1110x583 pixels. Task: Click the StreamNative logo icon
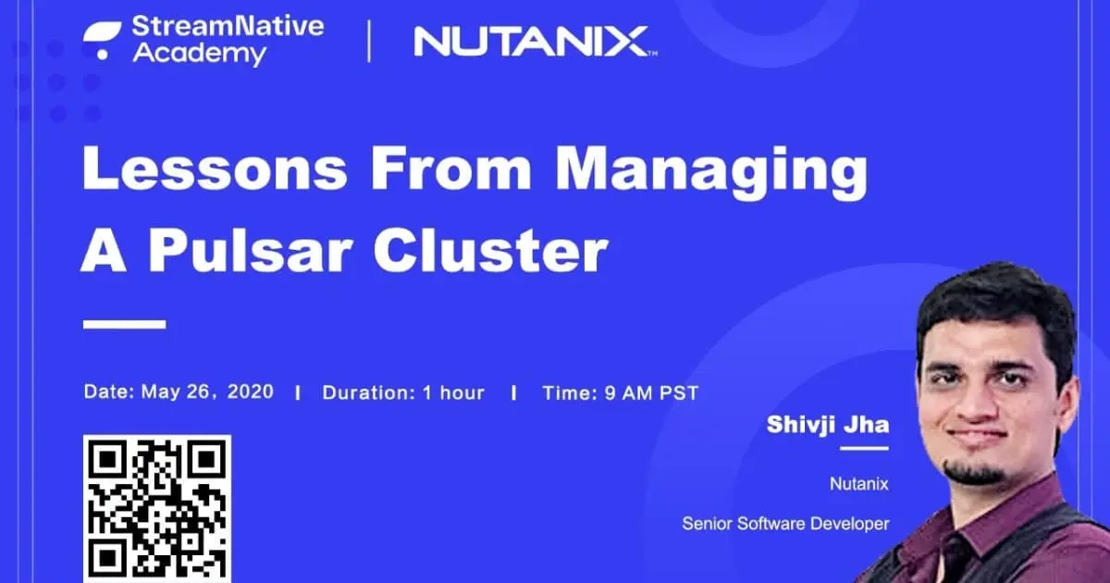[103, 38]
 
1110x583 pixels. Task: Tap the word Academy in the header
[199, 54]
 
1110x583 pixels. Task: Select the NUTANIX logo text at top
[530, 41]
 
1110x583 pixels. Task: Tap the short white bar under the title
[124, 325]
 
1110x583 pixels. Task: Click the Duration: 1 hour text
[403, 392]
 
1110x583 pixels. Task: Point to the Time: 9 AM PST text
[620, 392]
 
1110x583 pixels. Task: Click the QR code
[156, 508]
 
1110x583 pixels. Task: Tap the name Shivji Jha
[827, 425]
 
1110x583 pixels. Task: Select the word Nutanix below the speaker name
[859, 482]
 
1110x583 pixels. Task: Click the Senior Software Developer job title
[785, 524]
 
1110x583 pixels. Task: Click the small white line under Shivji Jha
[864, 448]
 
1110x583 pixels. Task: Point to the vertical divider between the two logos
[369, 42]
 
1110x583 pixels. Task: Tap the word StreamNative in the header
[228, 27]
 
